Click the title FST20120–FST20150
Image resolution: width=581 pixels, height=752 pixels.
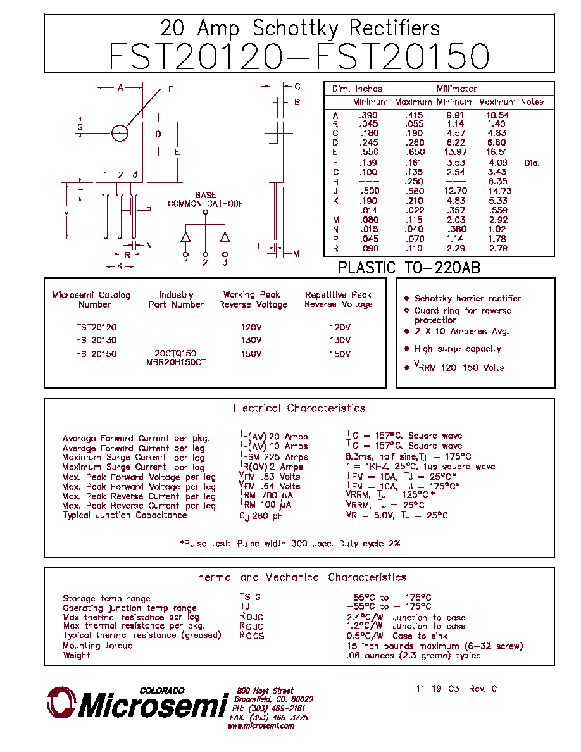pyautogui.click(x=299, y=56)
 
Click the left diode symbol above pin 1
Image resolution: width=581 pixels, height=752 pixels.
pyautogui.click(x=185, y=237)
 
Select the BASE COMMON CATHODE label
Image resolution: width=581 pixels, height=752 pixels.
pyautogui.click(x=205, y=199)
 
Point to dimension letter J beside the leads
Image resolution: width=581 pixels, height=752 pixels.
pyautogui.click(x=66, y=211)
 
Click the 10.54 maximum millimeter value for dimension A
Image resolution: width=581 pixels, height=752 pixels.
pyautogui.click(x=497, y=115)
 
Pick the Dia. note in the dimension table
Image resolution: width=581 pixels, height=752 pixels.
pyautogui.click(x=532, y=163)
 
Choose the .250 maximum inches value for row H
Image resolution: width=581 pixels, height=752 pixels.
pyautogui.click(x=414, y=181)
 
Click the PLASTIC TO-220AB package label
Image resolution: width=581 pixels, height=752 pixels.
pyautogui.click(x=409, y=268)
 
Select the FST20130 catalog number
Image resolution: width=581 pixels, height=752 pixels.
pyautogui.click(x=96, y=340)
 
